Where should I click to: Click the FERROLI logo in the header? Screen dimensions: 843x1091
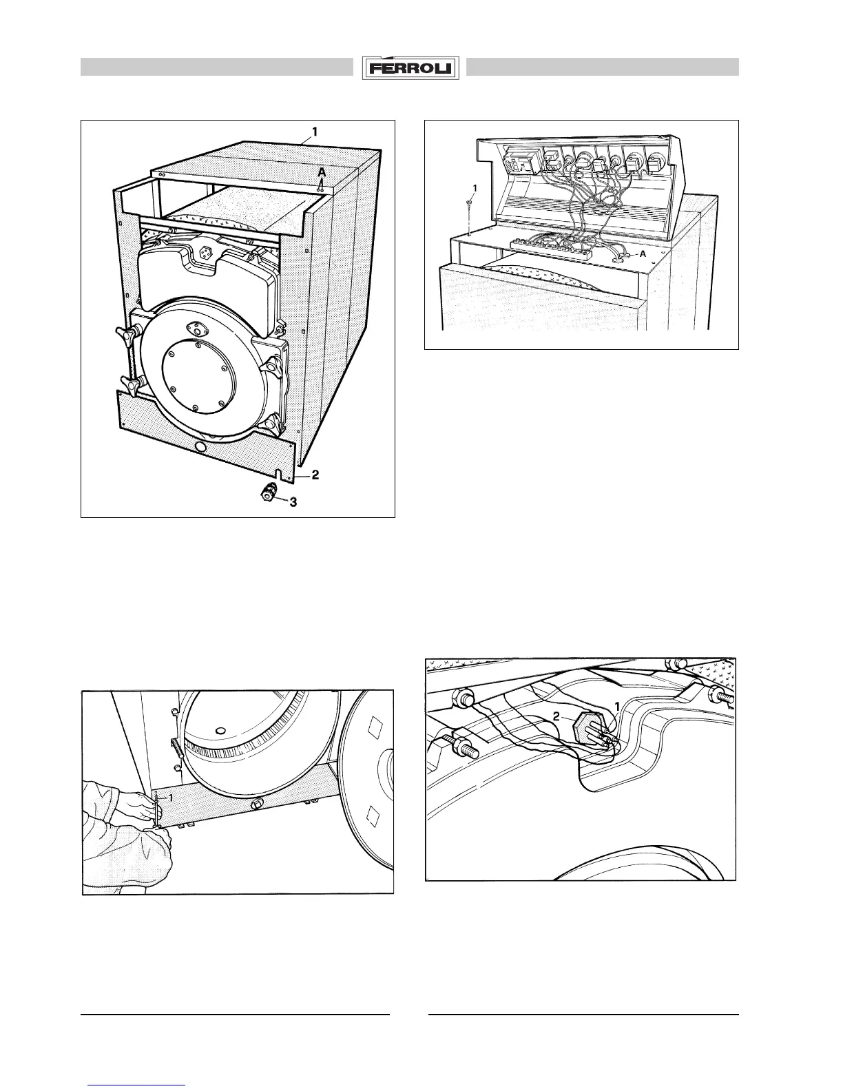click(x=413, y=68)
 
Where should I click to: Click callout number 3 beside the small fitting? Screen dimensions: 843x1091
click(x=293, y=502)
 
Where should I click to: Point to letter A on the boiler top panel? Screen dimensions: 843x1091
click(x=321, y=174)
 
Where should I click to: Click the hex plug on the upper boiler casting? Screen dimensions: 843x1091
click(x=205, y=253)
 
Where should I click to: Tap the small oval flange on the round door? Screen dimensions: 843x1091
click(x=201, y=330)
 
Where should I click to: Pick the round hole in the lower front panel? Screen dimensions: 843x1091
click(x=200, y=447)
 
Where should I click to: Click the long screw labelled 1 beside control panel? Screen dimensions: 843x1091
click(x=468, y=215)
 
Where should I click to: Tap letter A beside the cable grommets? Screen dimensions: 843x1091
click(x=643, y=254)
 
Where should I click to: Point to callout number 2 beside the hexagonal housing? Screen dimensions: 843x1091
click(x=557, y=717)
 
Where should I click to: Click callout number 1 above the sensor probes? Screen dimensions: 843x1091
click(x=618, y=706)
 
